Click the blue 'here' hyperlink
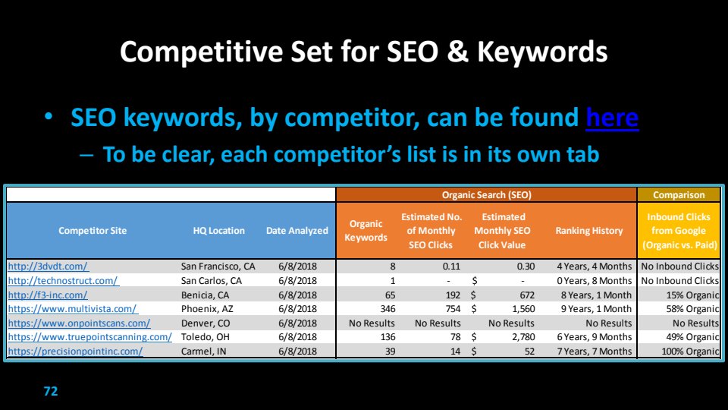click(x=612, y=117)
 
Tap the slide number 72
click(x=51, y=391)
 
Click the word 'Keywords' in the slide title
click(x=542, y=52)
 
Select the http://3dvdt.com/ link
click(x=49, y=266)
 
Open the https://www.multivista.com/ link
click(x=73, y=309)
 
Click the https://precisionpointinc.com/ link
click(x=75, y=351)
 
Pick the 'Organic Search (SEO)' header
click(x=486, y=195)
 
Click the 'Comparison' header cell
click(x=679, y=195)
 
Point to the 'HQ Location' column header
click(x=218, y=231)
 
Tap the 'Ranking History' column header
click(x=588, y=231)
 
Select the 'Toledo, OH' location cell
click(x=206, y=337)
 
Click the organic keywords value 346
click(x=388, y=309)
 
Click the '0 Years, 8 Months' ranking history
click(x=595, y=281)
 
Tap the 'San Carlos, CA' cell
click(x=212, y=281)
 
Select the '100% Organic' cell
click(x=690, y=352)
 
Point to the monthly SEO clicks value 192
click(x=453, y=295)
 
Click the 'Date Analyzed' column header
click(x=297, y=231)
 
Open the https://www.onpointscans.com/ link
click(x=79, y=323)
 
